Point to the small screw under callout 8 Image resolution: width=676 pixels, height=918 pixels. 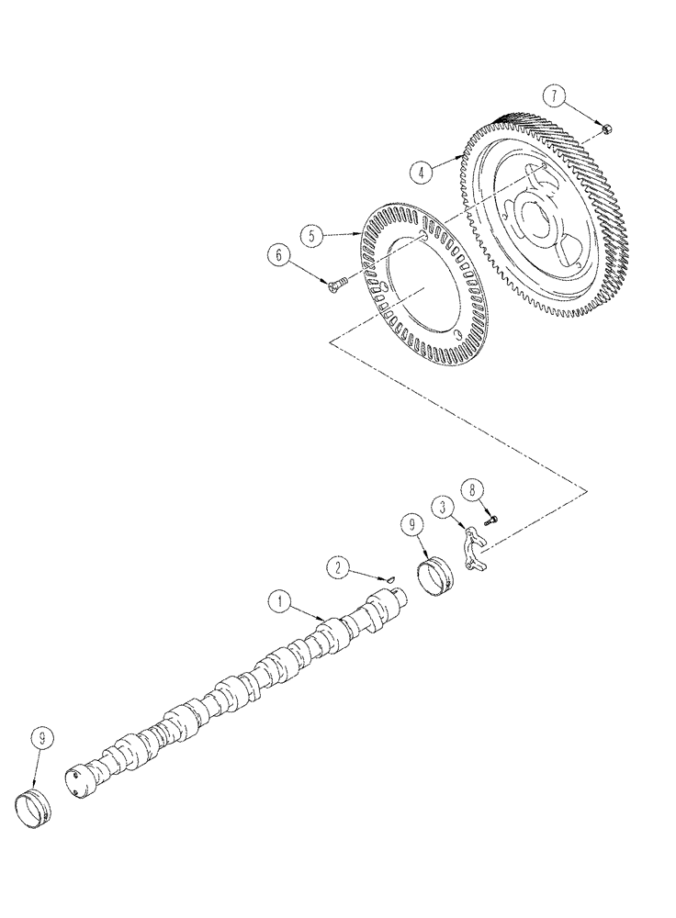[x=491, y=521]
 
